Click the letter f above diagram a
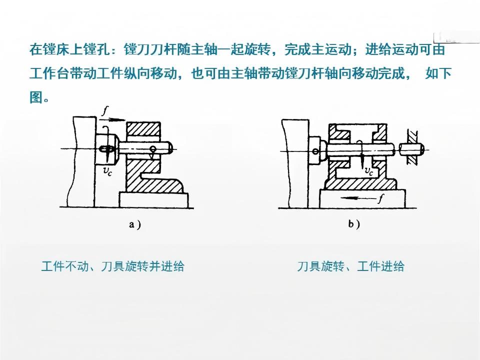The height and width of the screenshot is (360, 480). coord(105,110)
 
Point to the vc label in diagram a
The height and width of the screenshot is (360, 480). coord(107,171)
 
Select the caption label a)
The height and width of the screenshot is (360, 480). coord(134,225)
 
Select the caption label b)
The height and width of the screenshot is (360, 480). coord(354,224)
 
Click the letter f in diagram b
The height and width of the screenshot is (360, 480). coord(380,199)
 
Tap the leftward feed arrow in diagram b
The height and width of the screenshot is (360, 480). coord(358,198)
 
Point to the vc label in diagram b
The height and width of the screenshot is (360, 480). coord(369,171)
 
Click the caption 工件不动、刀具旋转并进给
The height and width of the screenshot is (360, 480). coord(112,265)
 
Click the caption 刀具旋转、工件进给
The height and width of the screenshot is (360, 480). coord(350,266)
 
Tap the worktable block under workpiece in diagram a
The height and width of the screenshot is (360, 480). coord(153,199)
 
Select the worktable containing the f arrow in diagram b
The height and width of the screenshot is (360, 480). coord(362,198)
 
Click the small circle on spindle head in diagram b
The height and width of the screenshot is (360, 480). coord(315,151)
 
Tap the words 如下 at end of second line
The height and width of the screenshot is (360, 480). coord(438,73)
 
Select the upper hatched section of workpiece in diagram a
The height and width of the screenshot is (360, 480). coord(143,129)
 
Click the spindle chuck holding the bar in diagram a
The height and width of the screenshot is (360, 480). coord(107,149)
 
